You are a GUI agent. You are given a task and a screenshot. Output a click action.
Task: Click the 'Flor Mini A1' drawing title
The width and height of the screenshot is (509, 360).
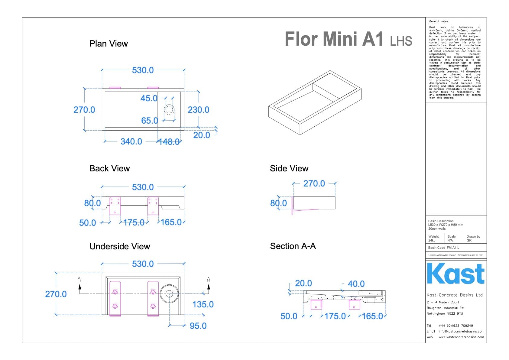click(x=334, y=39)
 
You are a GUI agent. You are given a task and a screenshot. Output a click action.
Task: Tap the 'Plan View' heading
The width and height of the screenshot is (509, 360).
click(x=109, y=44)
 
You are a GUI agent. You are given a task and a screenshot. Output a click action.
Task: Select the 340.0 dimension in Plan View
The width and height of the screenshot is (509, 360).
click(x=131, y=141)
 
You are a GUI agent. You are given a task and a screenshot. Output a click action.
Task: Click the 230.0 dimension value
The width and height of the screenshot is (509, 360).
click(x=198, y=110)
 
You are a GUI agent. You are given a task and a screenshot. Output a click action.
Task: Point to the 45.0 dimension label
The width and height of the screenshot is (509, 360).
click(x=149, y=98)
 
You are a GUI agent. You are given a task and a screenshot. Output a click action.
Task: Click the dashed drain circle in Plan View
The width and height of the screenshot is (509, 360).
click(x=169, y=109)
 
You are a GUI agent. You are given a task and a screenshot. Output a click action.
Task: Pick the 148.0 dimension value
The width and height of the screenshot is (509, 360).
click(x=170, y=142)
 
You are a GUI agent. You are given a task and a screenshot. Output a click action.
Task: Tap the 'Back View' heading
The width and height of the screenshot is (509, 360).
click(x=109, y=169)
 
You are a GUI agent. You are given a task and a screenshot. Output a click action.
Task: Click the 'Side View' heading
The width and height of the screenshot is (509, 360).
click(x=289, y=169)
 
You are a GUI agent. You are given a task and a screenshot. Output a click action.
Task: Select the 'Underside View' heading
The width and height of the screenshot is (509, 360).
click(x=120, y=247)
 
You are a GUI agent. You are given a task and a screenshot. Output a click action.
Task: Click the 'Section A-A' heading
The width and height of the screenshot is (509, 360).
click(x=293, y=246)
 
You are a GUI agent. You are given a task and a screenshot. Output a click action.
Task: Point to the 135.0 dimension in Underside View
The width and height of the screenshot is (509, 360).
click(x=203, y=304)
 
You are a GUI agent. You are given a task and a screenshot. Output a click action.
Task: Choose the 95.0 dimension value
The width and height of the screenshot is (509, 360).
click(x=198, y=326)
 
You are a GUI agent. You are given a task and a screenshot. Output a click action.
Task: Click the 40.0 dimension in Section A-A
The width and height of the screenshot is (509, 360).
click(x=356, y=284)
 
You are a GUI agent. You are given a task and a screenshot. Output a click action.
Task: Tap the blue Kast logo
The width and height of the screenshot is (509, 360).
click(x=456, y=274)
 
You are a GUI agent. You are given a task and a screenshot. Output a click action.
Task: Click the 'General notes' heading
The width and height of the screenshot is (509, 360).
click(x=438, y=21)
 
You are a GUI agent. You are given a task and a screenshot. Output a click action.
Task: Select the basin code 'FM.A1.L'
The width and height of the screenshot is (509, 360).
click(x=453, y=248)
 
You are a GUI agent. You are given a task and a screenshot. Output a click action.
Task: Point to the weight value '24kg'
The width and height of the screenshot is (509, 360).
click(x=432, y=241)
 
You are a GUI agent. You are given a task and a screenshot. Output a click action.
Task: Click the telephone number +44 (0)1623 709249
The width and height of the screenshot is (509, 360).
click(x=456, y=326)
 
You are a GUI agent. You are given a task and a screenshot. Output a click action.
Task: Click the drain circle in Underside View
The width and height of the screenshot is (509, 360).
click(x=169, y=294)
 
